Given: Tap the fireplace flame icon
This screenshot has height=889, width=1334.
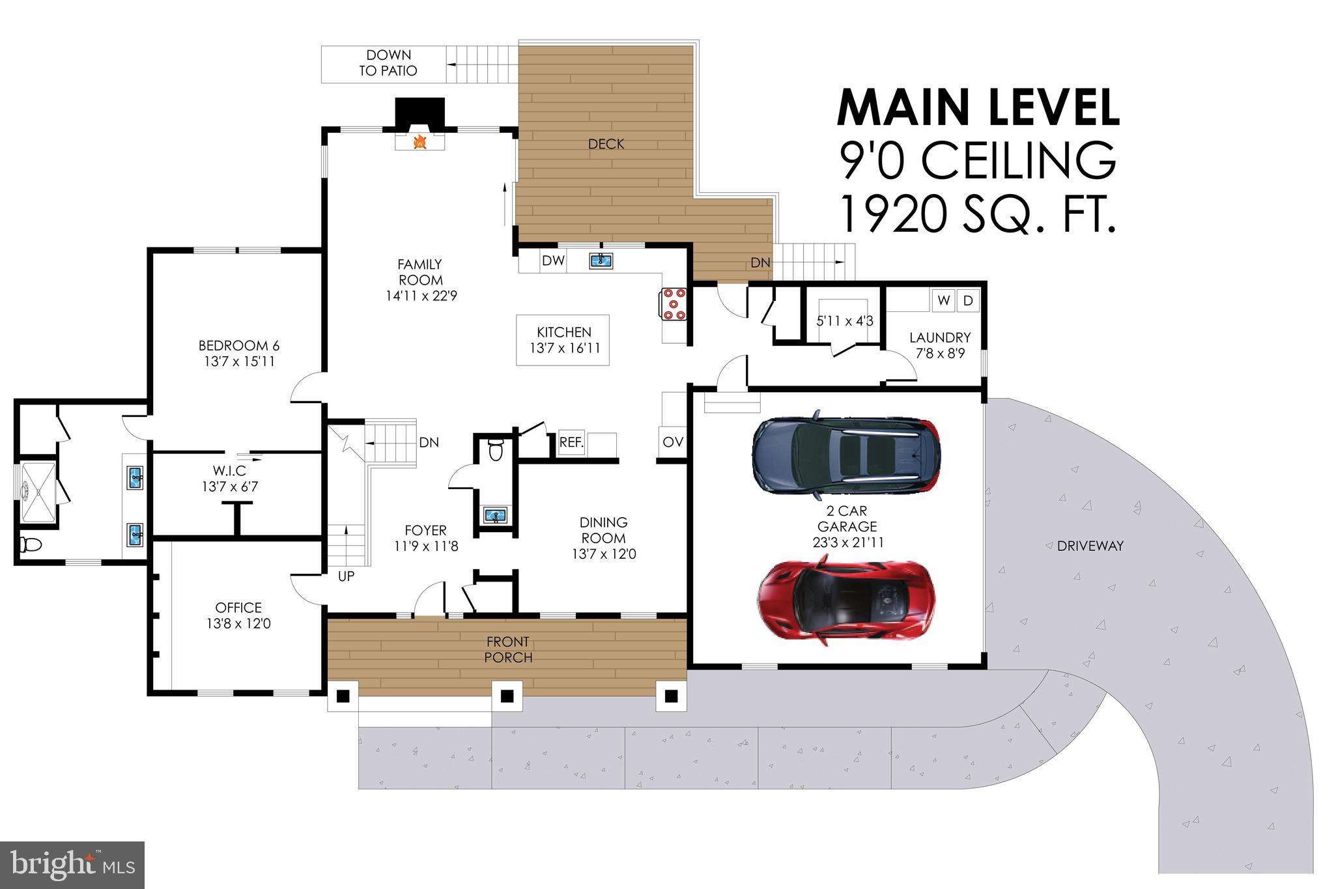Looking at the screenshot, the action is [420, 141].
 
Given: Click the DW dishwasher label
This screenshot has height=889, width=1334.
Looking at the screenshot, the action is [553, 261].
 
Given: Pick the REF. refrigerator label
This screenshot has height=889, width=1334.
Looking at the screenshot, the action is [572, 442].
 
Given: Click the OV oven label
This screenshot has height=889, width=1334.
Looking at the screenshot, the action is [673, 442].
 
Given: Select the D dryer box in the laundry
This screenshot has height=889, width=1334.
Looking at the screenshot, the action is [968, 300].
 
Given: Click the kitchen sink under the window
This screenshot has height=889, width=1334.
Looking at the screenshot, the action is [601, 261].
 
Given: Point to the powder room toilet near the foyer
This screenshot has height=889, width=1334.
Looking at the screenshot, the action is [496, 450].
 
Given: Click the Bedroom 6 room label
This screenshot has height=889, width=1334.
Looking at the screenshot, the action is [239, 345].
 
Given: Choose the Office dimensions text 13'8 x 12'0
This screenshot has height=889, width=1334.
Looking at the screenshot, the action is [239, 623].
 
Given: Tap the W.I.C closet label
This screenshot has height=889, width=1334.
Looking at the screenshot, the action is [229, 470].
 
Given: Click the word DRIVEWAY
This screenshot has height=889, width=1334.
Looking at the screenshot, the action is [1090, 546].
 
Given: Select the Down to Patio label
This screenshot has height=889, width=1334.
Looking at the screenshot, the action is [388, 63].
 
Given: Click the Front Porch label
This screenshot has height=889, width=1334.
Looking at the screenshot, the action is [508, 650].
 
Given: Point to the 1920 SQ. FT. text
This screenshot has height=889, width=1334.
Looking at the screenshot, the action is [977, 216].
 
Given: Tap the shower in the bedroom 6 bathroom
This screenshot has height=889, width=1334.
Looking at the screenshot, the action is [38, 492].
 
